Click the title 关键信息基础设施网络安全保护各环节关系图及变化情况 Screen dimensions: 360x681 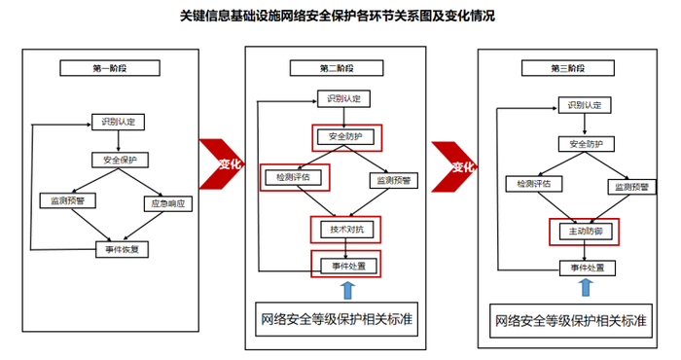tap(331, 16)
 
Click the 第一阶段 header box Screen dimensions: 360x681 tap(111, 68)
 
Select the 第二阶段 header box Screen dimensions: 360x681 tap(336, 67)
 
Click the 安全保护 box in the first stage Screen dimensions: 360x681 tap(114, 159)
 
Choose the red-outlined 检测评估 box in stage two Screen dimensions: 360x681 tap(296, 178)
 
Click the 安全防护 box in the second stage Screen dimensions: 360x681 tap(345, 135)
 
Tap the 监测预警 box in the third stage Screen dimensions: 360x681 tap(630, 184)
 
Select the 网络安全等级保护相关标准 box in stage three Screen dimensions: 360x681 tap(568, 319)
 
